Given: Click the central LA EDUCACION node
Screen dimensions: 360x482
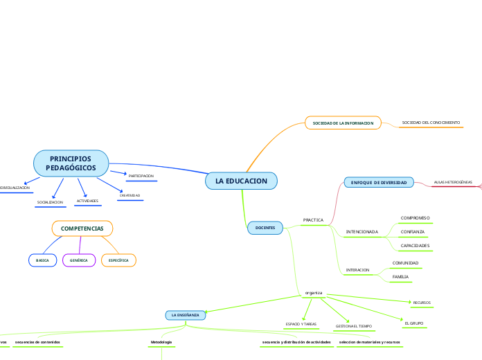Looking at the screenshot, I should [241, 181].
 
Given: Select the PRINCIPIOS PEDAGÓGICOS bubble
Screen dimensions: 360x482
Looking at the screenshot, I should [71, 163].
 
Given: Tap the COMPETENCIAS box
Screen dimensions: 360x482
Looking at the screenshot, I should [82, 228].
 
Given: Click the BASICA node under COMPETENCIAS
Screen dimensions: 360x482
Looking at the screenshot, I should [42, 260].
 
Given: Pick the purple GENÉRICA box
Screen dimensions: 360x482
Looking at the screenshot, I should [79, 260].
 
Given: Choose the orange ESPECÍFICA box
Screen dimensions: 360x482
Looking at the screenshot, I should [118, 260].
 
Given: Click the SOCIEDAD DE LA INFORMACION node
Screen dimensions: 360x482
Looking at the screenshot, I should [343, 123].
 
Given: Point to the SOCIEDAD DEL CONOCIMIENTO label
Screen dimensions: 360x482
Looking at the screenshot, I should [431, 123].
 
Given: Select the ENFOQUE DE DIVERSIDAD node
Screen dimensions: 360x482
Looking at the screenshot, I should [379, 182].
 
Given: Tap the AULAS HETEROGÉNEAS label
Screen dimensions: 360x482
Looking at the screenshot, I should [452, 182].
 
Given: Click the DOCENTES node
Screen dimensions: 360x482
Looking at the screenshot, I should [265, 227].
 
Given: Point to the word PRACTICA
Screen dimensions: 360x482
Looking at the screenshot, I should [313, 219].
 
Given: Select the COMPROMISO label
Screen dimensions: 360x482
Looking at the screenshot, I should [416, 217].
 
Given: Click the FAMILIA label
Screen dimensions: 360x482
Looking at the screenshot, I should [400, 277].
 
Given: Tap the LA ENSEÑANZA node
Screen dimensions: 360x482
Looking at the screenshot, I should [185, 314].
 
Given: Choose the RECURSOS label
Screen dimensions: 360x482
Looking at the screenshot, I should [422, 303].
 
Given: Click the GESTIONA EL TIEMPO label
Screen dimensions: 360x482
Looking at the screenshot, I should [353, 325].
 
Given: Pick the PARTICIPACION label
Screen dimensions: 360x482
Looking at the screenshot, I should [141, 176].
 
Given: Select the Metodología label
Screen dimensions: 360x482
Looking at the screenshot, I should [161, 342].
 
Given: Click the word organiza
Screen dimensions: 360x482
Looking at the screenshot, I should [314, 293].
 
